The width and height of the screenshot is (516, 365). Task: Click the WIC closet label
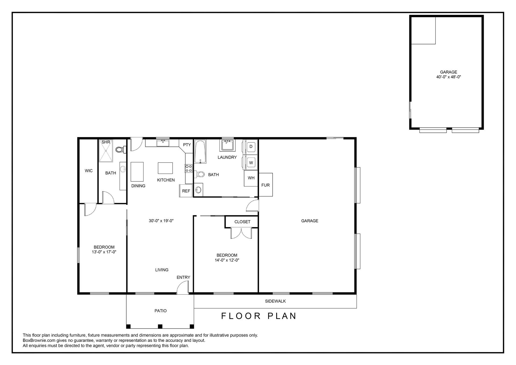click(x=89, y=171)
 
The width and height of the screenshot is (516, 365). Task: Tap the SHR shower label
click(x=106, y=142)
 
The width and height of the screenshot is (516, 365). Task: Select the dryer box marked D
click(x=251, y=146)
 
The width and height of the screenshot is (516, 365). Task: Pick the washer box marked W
click(x=251, y=163)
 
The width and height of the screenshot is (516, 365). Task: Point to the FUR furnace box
click(x=266, y=185)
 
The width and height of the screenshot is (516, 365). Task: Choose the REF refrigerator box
click(x=186, y=191)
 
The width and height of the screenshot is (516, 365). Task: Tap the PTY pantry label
click(x=187, y=145)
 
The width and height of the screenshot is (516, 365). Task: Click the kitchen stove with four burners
click(x=189, y=168)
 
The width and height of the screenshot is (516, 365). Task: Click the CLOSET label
click(x=242, y=222)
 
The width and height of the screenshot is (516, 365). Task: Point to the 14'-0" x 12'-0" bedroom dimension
click(x=227, y=260)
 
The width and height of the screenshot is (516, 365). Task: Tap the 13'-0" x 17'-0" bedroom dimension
click(x=104, y=252)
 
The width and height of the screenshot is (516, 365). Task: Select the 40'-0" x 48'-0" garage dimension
click(x=449, y=77)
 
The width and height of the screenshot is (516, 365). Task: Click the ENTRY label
click(x=183, y=277)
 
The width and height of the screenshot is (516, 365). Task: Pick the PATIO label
click(x=160, y=311)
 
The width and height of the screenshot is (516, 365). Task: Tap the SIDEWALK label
click(x=275, y=301)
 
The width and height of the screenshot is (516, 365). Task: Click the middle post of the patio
click(x=160, y=327)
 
